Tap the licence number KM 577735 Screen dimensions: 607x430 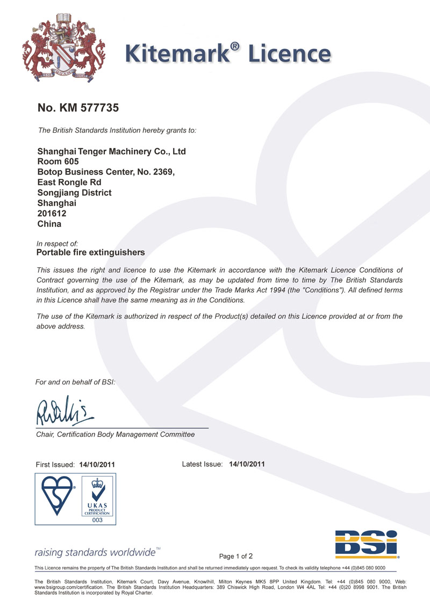pyautogui.click(x=77, y=108)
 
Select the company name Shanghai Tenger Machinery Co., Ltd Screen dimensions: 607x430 pyautogui.click(x=111, y=152)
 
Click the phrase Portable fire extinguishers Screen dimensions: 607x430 pyautogui.click(x=91, y=252)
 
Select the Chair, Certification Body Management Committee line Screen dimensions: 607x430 pyautogui.click(x=115, y=434)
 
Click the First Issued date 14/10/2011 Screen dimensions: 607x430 pyautogui.click(x=97, y=464)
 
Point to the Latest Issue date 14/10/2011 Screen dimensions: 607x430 pyautogui.click(x=247, y=464)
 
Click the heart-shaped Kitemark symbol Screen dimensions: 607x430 pyautogui.click(x=56, y=496)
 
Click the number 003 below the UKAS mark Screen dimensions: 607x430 pyautogui.click(x=97, y=520)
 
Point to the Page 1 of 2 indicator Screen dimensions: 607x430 pyautogui.click(x=236, y=556)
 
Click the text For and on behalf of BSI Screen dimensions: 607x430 pyautogui.click(x=75, y=382)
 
